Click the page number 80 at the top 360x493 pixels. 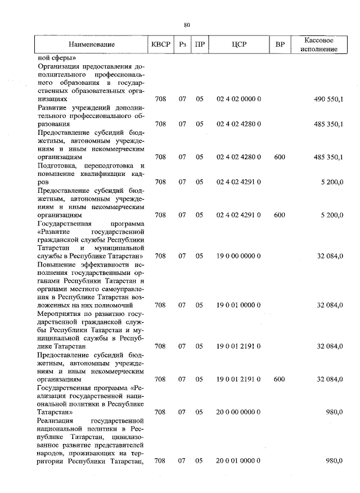click(x=187, y=24)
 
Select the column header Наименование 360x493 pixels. click(x=92, y=44)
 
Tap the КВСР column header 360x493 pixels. click(x=160, y=44)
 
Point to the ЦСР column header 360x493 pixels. click(x=238, y=44)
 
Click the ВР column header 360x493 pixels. click(x=280, y=44)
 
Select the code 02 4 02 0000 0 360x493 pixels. click(x=238, y=99)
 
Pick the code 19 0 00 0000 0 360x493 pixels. click(x=238, y=256)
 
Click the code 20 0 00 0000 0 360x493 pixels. click(x=238, y=412)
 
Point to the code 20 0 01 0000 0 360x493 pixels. click(x=238, y=461)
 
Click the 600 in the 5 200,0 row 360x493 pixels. click(x=280, y=215)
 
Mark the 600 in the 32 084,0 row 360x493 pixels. click(x=280, y=379)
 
